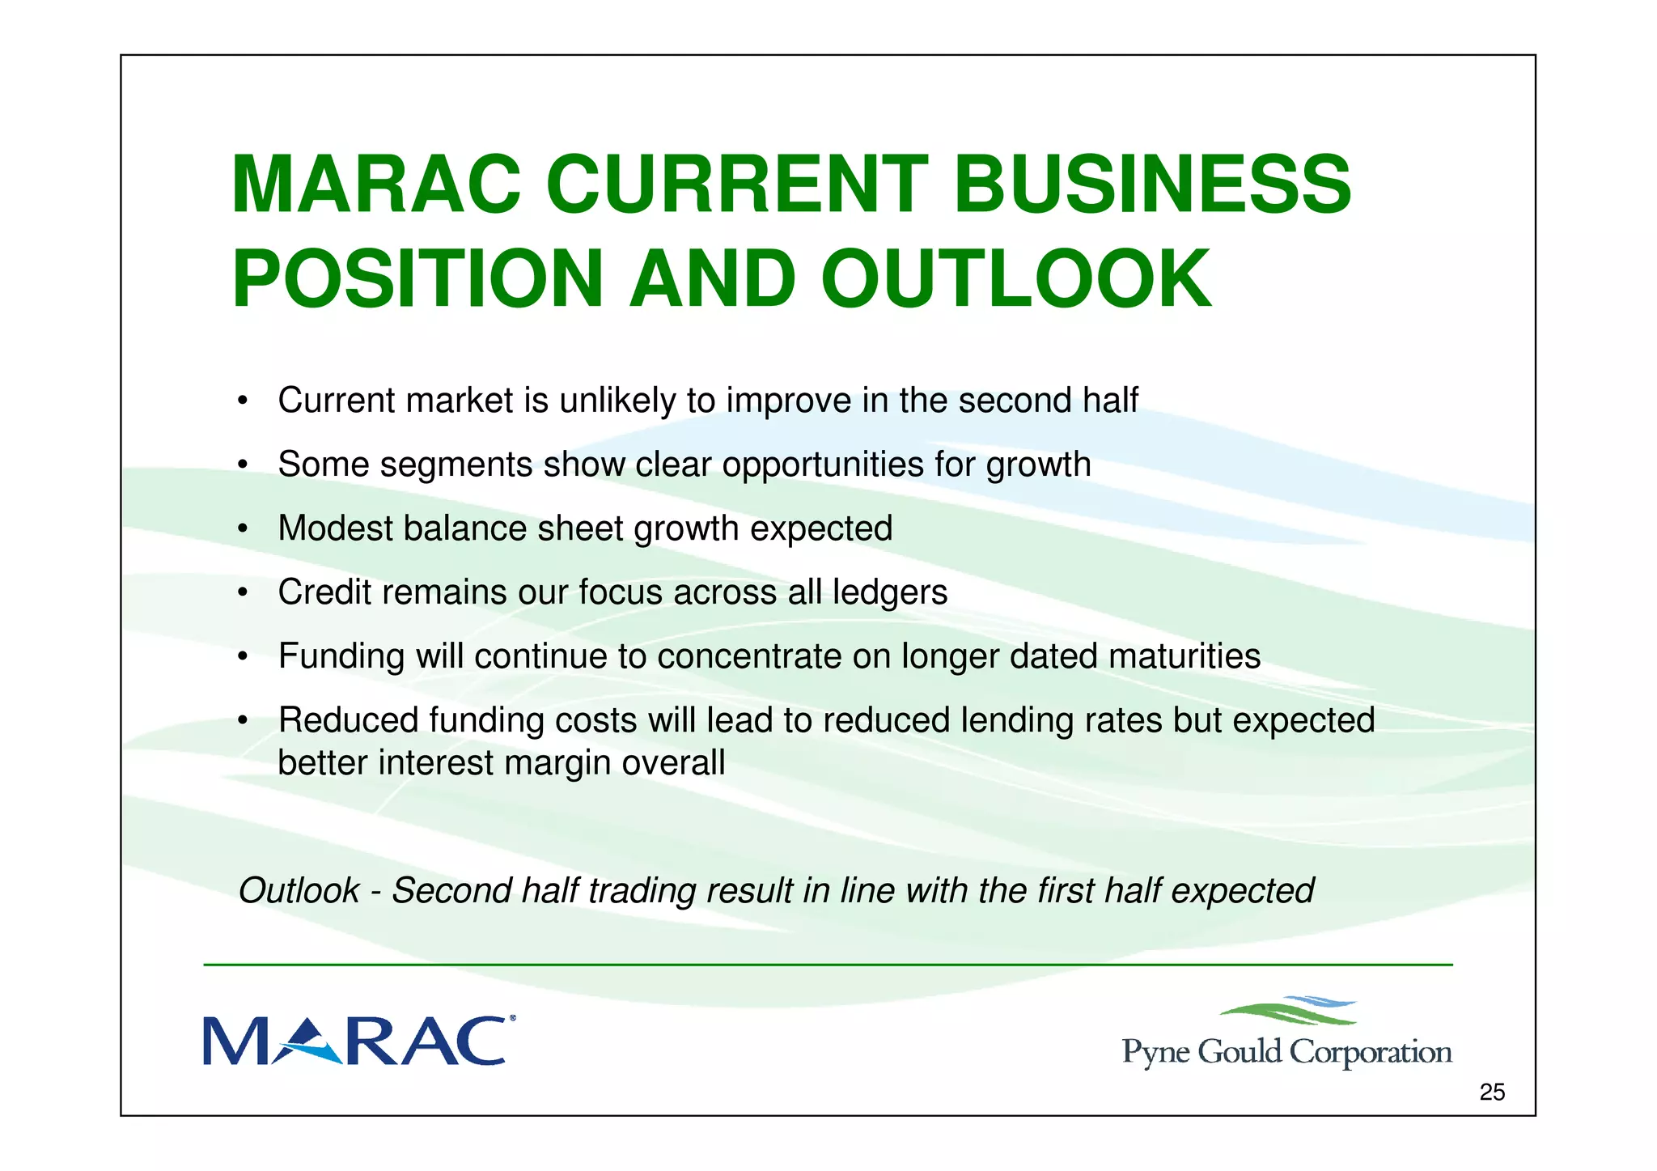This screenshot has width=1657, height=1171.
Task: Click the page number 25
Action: coord(1492,1093)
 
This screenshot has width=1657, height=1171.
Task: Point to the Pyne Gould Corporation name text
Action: coord(1286,1052)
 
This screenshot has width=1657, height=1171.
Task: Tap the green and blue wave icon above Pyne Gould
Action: coord(1288,1011)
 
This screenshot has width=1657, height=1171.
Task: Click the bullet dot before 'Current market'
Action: coord(242,401)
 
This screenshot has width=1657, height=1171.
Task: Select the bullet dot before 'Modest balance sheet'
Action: coord(242,529)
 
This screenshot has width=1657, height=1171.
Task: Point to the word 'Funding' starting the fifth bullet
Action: coord(341,656)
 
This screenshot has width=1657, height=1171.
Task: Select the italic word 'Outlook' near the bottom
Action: coord(299,891)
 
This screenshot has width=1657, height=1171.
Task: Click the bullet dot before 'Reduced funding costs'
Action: coord(242,720)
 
